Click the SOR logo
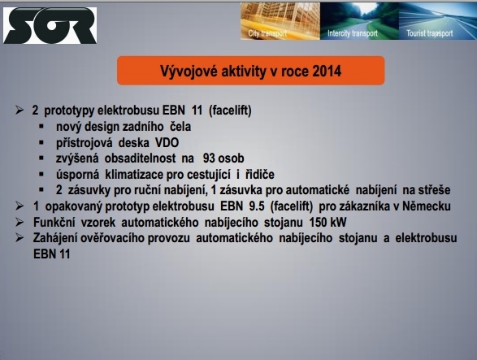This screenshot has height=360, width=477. [x=50, y=25]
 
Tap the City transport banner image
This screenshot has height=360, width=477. [x=280, y=21]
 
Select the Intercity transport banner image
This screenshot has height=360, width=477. [x=359, y=21]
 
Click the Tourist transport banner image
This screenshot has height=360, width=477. [x=438, y=21]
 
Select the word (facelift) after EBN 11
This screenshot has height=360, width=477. [x=230, y=111]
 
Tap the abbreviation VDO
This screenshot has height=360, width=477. [x=167, y=142]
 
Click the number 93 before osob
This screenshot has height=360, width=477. [x=209, y=158]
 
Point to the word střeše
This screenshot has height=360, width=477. [x=434, y=190]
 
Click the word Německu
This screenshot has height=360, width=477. [x=427, y=206]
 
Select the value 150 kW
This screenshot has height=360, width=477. [x=327, y=222]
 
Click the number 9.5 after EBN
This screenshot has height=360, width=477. [x=257, y=206]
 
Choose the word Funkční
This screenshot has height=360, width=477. [x=54, y=222]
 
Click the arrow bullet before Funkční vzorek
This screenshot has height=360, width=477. [x=20, y=222]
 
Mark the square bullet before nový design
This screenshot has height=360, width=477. [x=41, y=126]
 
